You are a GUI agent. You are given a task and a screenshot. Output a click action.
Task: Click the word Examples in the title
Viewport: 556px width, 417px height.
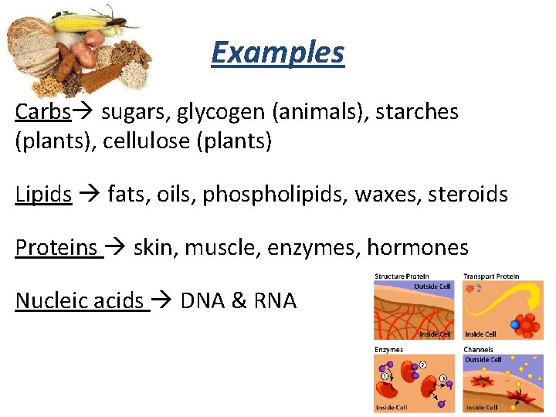point(277,53)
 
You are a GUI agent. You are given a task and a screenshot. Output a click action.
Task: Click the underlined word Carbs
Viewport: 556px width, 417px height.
point(43,113)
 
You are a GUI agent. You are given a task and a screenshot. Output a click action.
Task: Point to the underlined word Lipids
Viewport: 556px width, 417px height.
point(43,195)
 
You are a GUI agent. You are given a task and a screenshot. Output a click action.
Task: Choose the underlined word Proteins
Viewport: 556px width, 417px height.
point(56,248)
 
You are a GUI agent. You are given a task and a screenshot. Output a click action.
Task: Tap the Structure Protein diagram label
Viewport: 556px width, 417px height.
point(402,276)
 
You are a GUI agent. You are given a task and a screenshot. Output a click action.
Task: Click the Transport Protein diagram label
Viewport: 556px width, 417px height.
point(491,276)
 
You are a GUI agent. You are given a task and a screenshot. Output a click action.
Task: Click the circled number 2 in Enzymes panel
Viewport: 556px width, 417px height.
point(422,364)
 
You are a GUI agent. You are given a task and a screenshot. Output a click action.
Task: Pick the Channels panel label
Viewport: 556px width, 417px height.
point(478,350)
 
